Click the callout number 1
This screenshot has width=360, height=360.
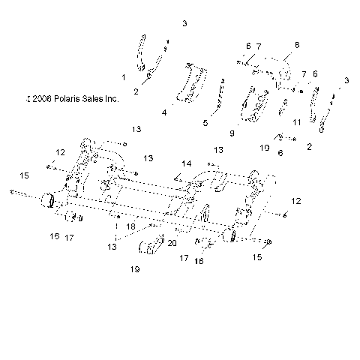(124, 77)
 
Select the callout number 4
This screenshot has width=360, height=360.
(163, 112)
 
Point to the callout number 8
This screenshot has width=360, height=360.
(296, 46)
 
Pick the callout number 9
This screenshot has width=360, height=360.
(232, 133)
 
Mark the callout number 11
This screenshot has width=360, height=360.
(297, 121)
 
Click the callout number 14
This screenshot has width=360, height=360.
(186, 163)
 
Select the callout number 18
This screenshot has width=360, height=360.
(130, 226)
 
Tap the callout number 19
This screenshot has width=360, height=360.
(136, 268)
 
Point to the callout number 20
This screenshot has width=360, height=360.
(172, 243)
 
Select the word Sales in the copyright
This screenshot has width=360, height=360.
(94, 97)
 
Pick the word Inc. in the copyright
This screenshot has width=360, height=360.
(111, 97)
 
